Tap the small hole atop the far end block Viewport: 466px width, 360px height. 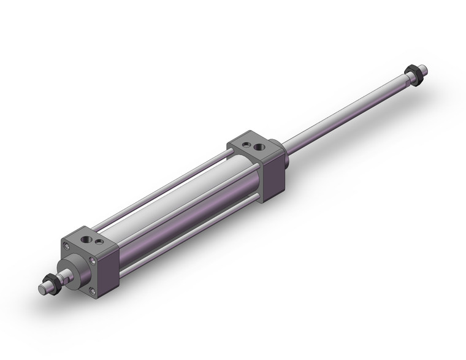[245, 144]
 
